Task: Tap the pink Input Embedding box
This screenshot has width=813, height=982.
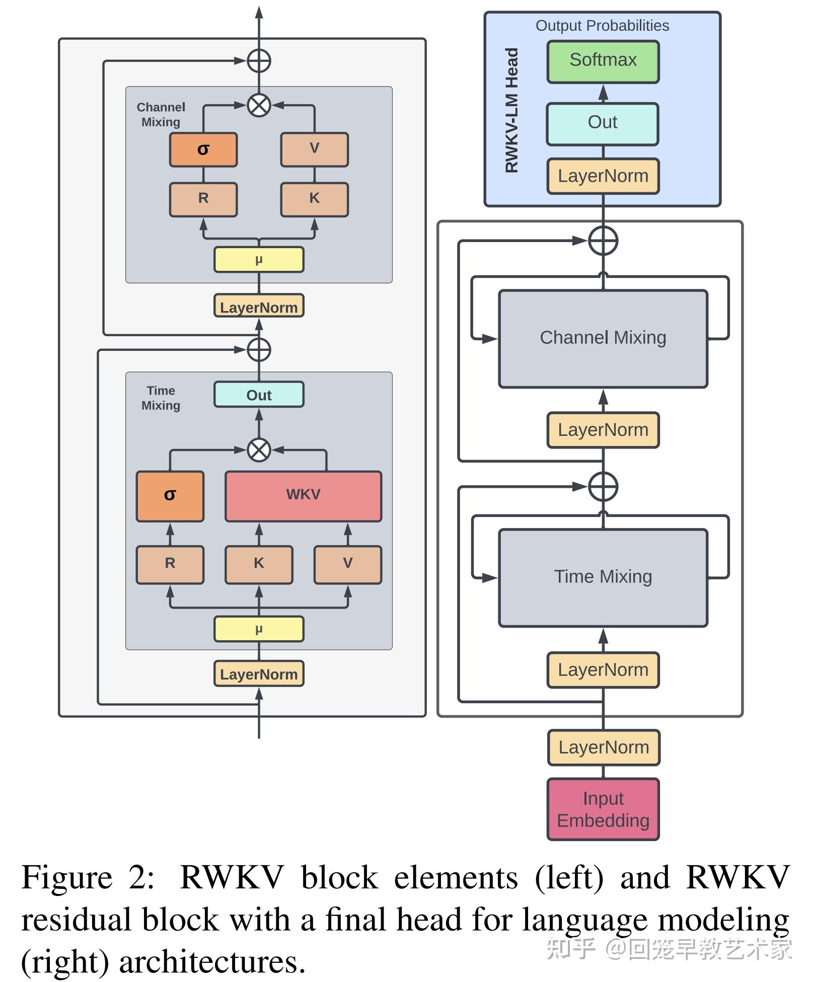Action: coord(603,809)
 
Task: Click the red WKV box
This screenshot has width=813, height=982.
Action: coord(303,495)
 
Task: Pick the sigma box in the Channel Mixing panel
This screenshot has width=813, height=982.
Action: coord(203,149)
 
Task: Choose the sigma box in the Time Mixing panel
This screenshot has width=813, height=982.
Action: coord(170,495)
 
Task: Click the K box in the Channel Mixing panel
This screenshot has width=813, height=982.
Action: coord(314,199)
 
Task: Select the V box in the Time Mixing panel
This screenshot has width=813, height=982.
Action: coord(347,564)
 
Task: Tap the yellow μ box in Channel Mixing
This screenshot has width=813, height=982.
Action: coord(259,260)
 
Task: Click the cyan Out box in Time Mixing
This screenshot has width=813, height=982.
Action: coord(259,395)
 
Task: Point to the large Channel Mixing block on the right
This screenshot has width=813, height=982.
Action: coord(603,338)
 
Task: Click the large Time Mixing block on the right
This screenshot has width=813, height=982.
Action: coord(603,577)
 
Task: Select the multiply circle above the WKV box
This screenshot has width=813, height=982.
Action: coord(259,449)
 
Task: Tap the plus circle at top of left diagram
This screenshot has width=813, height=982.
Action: coord(259,61)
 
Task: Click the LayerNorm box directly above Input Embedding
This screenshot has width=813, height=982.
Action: coord(603,747)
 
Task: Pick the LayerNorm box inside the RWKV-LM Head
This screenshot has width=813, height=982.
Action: coord(603,176)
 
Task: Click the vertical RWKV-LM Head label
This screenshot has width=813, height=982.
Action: coord(511,110)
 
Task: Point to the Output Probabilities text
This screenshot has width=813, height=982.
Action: coord(602,26)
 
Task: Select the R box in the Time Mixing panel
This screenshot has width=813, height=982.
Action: coord(170,564)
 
